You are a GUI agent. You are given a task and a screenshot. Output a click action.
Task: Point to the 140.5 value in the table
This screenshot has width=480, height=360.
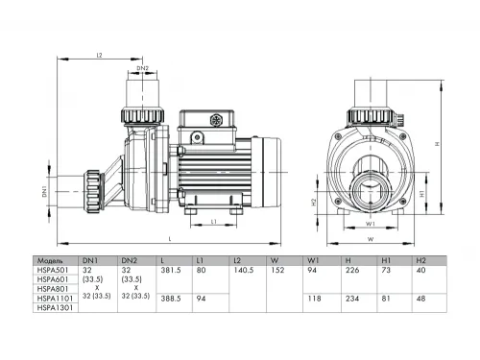(x=244, y=270)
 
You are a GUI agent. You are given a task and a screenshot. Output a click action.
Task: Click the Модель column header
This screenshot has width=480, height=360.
(x=50, y=260)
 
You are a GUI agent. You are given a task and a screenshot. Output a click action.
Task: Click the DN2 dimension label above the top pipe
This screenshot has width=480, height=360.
(x=142, y=68)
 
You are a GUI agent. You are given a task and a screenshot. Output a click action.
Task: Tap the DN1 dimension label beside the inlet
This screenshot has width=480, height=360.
(x=46, y=192)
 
